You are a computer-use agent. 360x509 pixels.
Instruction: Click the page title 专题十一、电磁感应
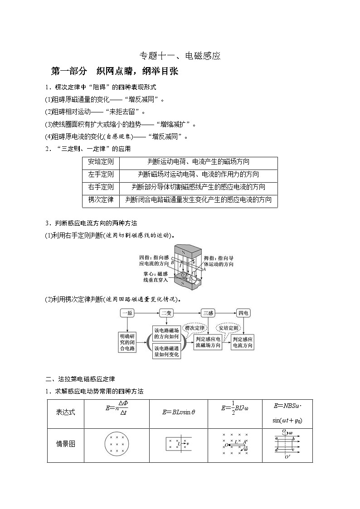tap(180, 56)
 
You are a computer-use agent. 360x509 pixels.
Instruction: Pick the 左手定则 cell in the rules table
tap(101, 175)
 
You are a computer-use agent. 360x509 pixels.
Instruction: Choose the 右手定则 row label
tap(101, 187)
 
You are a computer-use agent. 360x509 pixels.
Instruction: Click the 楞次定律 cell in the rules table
tap(101, 200)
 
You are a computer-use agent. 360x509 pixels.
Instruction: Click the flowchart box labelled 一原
tap(127, 313)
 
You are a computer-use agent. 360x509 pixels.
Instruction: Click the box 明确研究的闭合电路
tap(127, 342)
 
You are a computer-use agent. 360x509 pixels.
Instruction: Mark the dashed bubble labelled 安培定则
tap(229, 328)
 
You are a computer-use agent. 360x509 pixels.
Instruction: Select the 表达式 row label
tap(65, 412)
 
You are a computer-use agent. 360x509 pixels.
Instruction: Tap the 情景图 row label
tap(65, 444)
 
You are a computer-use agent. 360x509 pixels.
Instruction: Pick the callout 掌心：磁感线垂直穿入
tap(156, 277)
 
